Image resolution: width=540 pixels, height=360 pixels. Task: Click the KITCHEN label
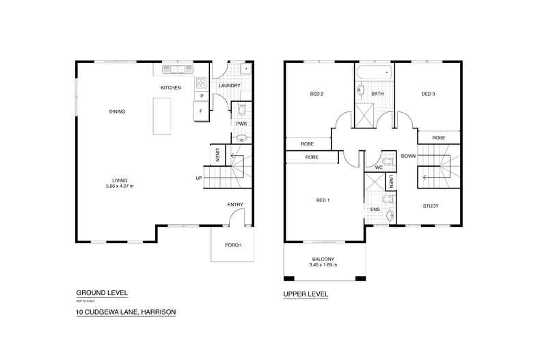170,88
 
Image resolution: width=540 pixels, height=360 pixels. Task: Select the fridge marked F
201,111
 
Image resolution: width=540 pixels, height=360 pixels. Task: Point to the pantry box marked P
201,96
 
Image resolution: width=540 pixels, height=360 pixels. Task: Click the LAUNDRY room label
230,85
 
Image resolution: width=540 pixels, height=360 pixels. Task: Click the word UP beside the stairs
199,179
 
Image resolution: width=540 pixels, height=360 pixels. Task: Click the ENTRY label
235,204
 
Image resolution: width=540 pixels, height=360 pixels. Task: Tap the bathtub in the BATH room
374,72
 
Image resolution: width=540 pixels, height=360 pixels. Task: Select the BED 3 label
428,94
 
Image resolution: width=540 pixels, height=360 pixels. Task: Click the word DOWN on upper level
407,156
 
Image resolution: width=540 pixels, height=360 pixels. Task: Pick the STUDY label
430,206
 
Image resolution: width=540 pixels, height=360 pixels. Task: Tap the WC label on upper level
378,167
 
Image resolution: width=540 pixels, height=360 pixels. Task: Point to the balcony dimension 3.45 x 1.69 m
324,265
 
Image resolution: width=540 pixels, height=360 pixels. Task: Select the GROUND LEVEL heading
99,290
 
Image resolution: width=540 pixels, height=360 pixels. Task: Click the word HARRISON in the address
157,312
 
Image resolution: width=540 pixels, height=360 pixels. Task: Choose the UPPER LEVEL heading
306,294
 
